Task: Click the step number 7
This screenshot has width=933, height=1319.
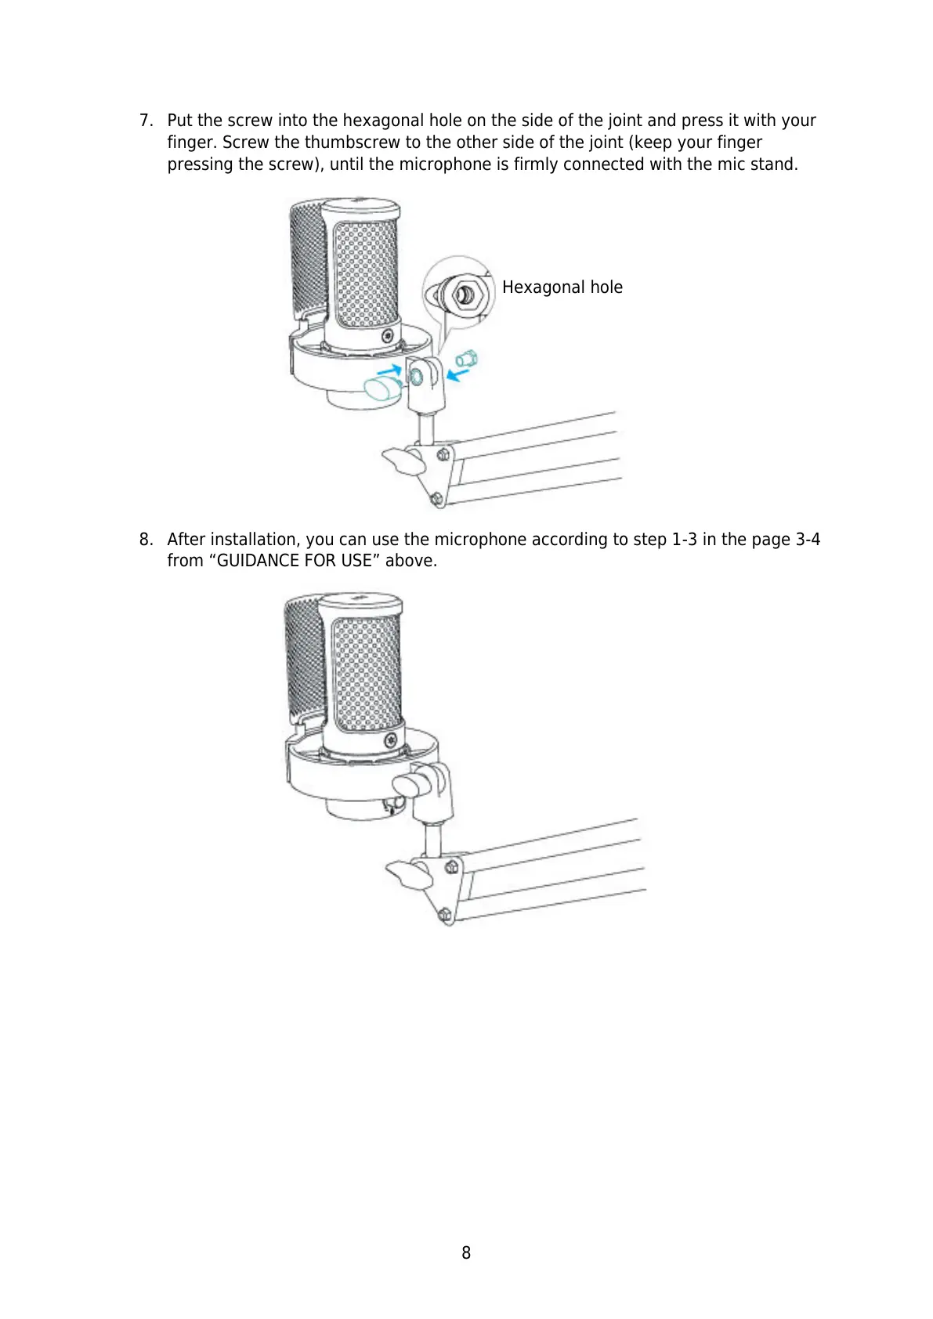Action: pos(144,121)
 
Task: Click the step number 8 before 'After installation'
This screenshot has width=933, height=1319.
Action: pos(144,540)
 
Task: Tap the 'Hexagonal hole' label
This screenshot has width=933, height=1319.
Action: pos(562,287)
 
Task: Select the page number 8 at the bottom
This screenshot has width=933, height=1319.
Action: pos(466,1252)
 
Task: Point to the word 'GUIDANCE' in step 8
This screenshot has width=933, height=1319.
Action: pos(258,561)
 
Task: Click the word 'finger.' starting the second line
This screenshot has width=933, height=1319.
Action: pos(192,143)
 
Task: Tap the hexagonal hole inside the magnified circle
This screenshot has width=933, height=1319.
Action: pos(464,295)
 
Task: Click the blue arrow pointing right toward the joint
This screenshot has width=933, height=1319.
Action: pos(389,368)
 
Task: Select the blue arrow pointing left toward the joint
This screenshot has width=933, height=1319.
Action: pos(458,374)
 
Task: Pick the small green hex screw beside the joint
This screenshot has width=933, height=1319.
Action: pos(468,360)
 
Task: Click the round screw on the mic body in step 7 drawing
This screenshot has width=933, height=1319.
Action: pos(387,336)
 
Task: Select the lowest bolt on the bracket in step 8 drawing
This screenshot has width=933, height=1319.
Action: pos(444,914)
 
